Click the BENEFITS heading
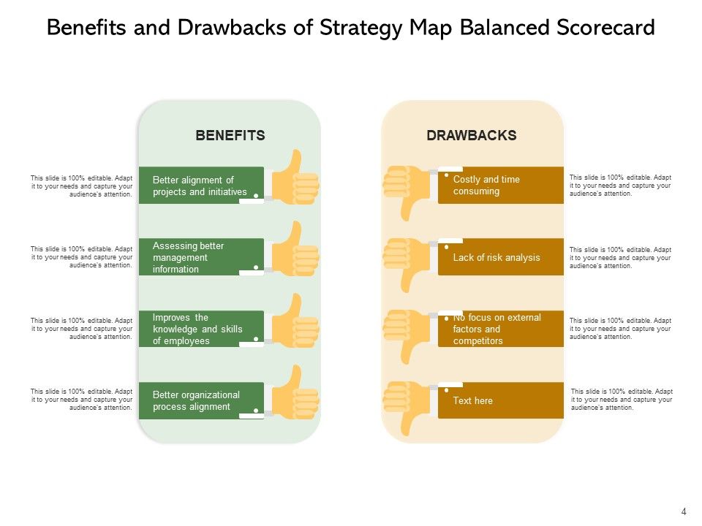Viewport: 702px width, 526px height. (x=230, y=135)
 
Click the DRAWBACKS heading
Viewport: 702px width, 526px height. (x=472, y=135)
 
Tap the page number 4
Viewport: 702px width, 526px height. (x=684, y=511)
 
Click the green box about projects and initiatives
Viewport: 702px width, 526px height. (x=201, y=186)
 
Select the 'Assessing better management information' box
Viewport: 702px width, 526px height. (x=201, y=257)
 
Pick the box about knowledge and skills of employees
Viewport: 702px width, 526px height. (x=201, y=329)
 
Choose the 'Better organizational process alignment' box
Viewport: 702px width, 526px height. (x=201, y=400)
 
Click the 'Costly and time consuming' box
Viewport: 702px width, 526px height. (x=501, y=186)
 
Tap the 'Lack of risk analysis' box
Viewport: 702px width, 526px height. (x=501, y=257)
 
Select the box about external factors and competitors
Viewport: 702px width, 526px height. (x=501, y=329)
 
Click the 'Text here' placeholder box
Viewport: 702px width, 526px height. (x=501, y=400)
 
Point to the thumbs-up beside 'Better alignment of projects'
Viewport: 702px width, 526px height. (x=294, y=180)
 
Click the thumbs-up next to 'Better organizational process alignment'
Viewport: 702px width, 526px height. (x=294, y=394)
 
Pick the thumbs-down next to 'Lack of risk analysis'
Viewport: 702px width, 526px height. (x=407, y=260)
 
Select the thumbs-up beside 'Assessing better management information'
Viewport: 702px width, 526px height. (x=294, y=251)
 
